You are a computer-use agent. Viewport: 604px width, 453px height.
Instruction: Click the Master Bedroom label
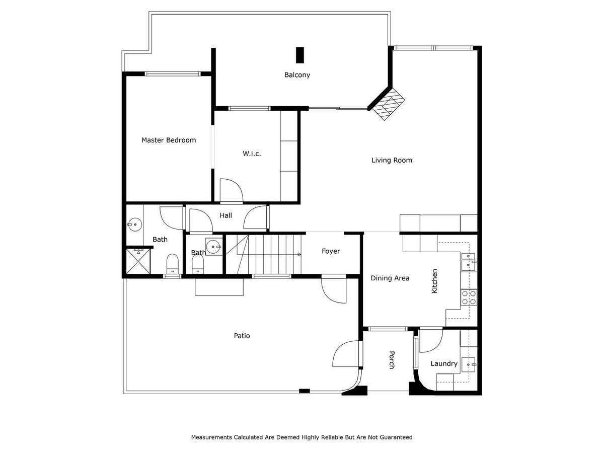coord(169,140)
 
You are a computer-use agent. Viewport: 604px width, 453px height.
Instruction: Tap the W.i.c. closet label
coord(252,154)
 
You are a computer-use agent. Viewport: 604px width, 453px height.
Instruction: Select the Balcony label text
coord(297,75)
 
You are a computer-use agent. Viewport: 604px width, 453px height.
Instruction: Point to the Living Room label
coord(392,160)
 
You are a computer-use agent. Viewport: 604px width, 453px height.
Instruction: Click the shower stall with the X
coord(137,261)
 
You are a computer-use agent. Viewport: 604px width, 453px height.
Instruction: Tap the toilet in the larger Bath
coord(173,263)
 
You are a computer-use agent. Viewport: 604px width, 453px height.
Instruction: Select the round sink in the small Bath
coord(214,247)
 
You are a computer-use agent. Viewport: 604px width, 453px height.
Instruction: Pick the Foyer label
coord(331,251)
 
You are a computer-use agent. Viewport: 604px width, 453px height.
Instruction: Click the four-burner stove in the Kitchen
coord(469,297)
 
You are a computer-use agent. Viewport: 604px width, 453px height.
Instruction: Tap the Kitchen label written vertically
coord(435,281)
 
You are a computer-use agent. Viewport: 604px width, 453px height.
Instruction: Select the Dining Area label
coord(390,278)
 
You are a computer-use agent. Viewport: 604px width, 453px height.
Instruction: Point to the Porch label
coord(392,360)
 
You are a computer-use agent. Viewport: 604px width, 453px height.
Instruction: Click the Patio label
coord(242,336)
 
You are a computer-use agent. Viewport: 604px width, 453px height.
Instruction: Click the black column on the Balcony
coord(300,55)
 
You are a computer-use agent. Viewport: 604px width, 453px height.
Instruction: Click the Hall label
coord(226,215)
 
